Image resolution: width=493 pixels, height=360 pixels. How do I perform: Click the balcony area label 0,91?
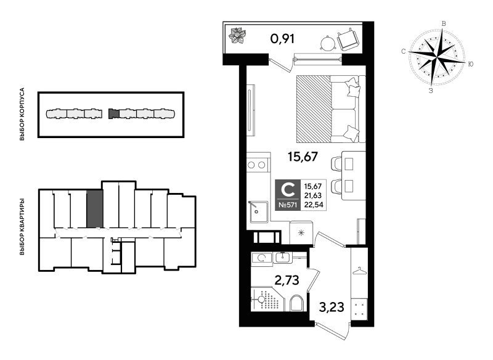[x=282, y=39]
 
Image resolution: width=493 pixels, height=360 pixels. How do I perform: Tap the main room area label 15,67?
[x=303, y=156]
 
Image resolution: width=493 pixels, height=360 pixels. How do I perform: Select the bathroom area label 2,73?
[x=287, y=280]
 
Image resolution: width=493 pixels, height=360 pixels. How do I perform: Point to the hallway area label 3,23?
[x=332, y=307]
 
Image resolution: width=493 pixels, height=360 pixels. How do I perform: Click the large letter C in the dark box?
[x=288, y=190]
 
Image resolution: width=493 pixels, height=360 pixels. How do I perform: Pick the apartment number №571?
[x=288, y=205]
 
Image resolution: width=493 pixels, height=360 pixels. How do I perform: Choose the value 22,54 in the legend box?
[x=314, y=205]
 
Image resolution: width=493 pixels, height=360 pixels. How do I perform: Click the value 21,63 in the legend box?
[x=313, y=195]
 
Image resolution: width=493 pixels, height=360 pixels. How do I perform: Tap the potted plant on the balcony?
[x=238, y=35]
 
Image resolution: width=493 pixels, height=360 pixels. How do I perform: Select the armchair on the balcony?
[x=348, y=39]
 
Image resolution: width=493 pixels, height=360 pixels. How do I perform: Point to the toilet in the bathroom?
[x=296, y=303]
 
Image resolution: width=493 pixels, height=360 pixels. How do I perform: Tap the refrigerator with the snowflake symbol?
[x=301, y=232]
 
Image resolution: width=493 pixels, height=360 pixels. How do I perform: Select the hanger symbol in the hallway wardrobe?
[x=360, y=271]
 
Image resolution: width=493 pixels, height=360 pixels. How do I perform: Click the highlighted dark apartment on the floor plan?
[x=95, y=209]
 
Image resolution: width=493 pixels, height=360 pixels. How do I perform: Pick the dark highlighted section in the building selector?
[x=114, y=113]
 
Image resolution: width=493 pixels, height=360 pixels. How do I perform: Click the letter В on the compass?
[x=444, y=23]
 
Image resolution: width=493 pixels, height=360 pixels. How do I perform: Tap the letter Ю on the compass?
[x=470, y=64]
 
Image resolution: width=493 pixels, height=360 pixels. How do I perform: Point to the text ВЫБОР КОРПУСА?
[x=22, y=114]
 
